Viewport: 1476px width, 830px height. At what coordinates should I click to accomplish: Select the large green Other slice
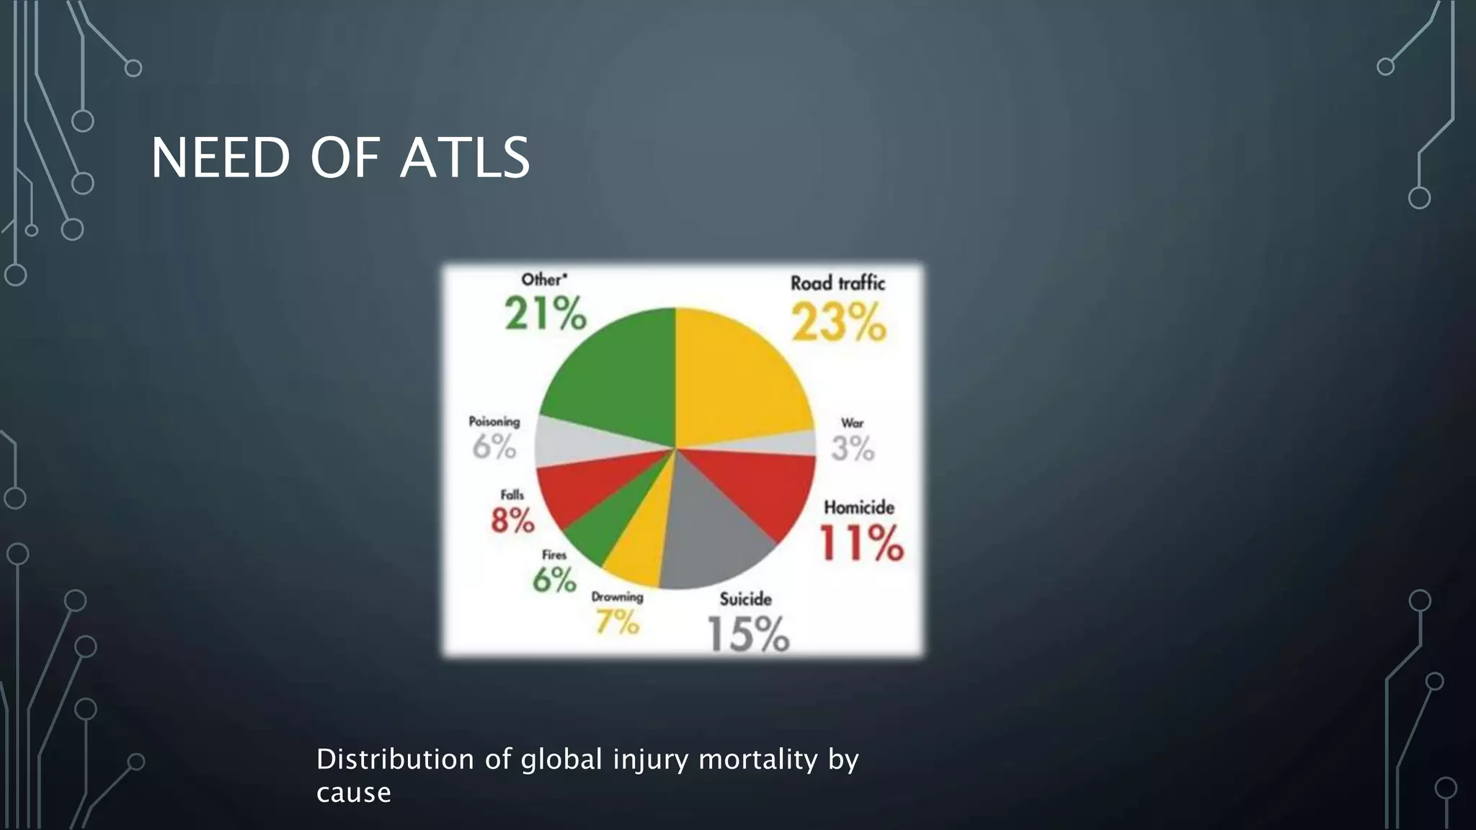(620, 375)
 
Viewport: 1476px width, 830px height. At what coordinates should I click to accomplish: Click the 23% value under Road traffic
(838, 322)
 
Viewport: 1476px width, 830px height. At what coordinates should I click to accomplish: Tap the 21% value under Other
(546, 315)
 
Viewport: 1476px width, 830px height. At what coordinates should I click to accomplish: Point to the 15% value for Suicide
(748, 634)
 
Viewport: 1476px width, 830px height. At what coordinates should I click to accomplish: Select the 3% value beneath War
(853, 449)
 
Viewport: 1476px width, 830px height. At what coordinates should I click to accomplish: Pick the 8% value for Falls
(512, 519)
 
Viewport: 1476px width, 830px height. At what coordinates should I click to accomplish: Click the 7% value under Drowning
(617, 622)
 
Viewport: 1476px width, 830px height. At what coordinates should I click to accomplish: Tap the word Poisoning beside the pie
(494, 421)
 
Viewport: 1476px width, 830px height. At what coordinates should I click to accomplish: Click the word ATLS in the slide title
(465, 158)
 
